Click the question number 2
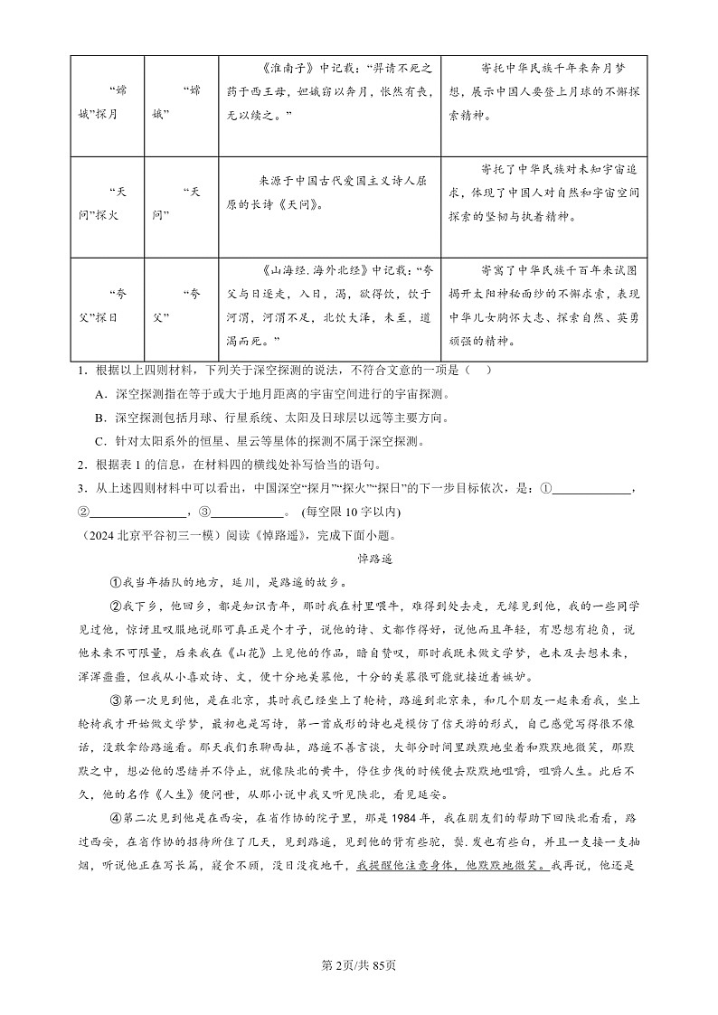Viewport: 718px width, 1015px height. pos(80,465)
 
